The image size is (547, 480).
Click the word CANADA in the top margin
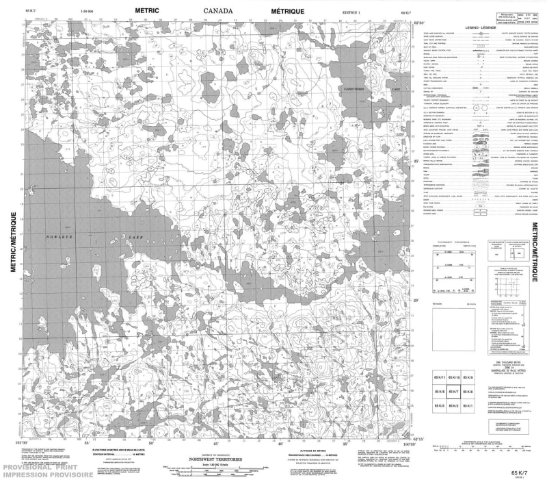coord(218,11)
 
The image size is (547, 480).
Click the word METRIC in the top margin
coord(152,11)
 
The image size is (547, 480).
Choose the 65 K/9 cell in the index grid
coord(468,377)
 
